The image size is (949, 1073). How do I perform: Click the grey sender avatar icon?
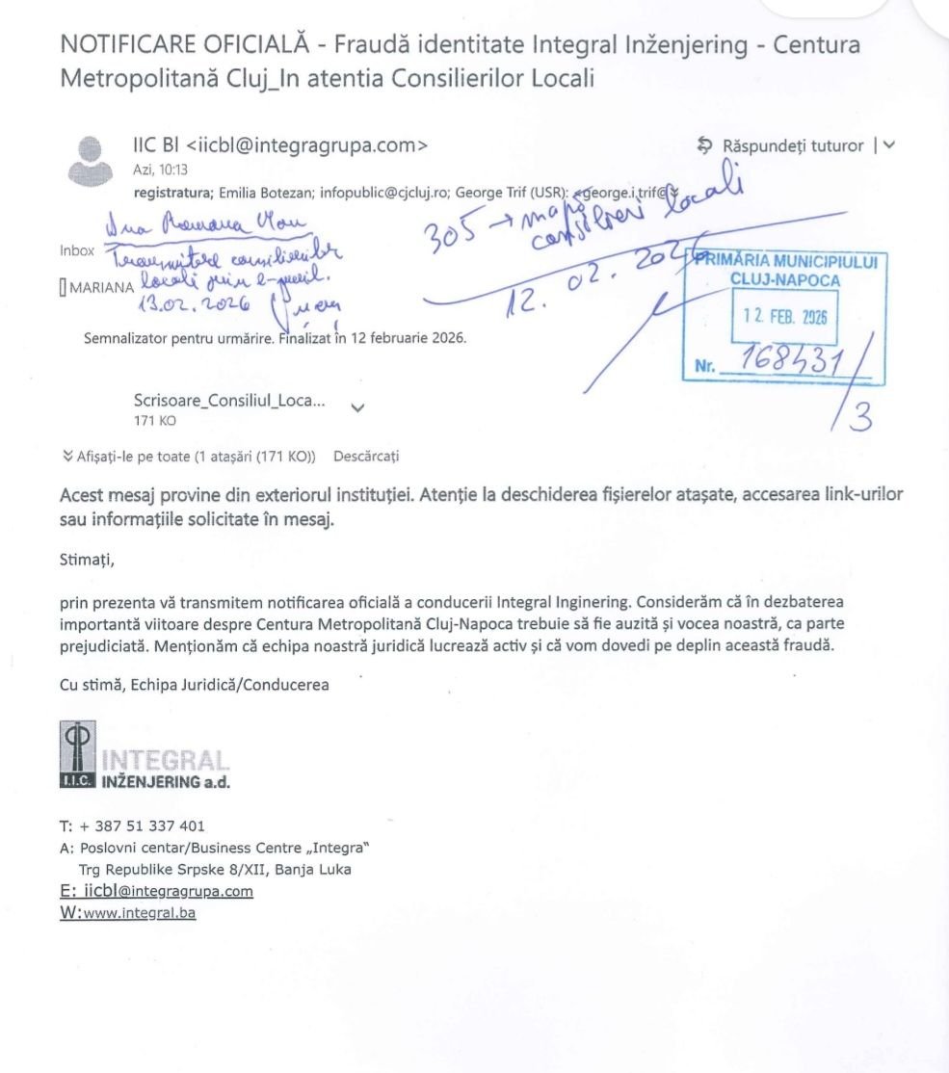coord(90,159)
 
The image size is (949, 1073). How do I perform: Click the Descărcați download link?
coord(366,456)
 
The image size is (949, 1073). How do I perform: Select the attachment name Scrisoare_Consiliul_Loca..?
coord(229,403)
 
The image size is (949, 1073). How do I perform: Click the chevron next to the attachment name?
coord(358,408)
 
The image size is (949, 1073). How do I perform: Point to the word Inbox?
coord(77,250)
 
